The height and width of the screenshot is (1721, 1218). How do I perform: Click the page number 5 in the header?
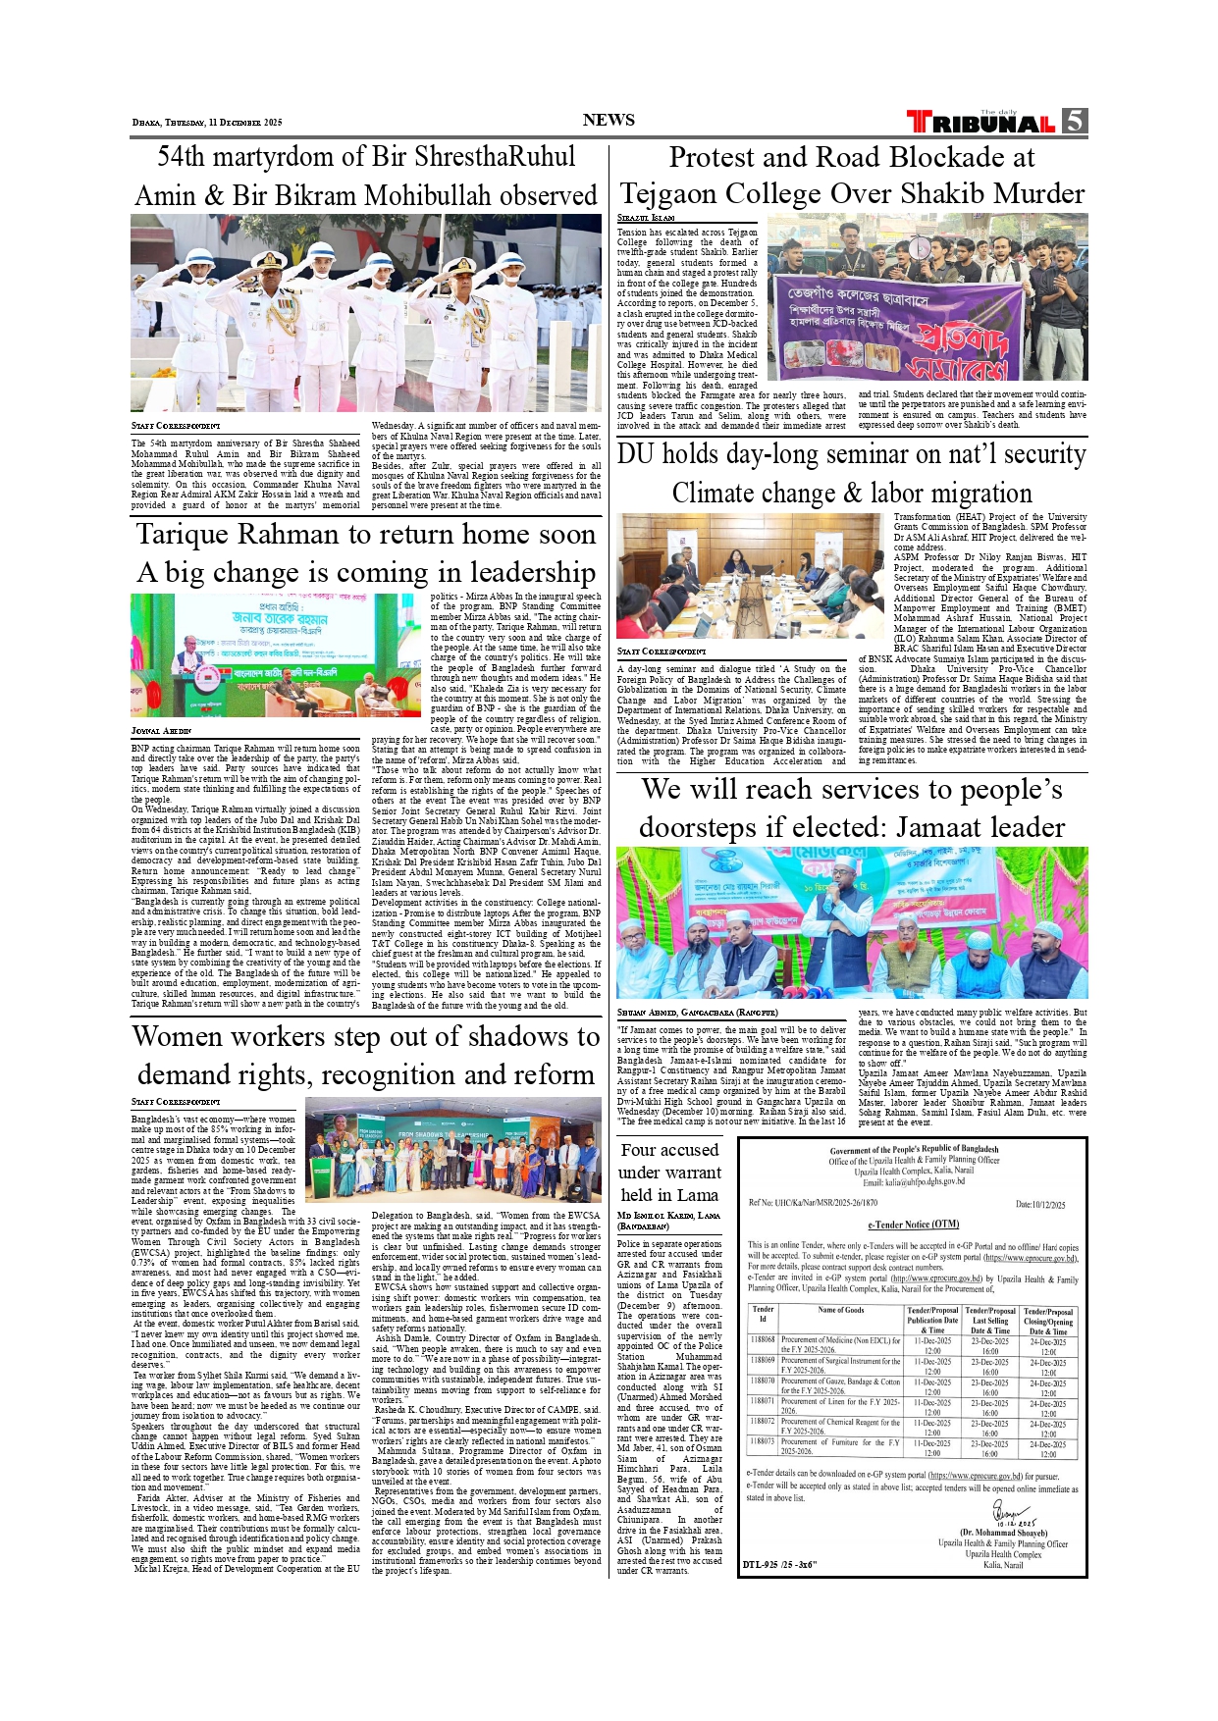coord(1075,121)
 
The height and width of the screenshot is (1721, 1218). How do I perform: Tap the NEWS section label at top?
coord(609,120)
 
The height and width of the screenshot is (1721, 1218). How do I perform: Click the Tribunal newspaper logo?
coord(981,123)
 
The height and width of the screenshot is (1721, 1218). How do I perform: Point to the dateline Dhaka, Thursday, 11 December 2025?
coord(207,123)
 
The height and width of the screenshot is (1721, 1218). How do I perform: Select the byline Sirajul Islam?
coord(646,217)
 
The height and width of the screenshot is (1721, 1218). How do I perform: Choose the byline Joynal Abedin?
coord(161,731)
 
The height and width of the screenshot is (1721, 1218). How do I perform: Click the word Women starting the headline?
coord(184,1037)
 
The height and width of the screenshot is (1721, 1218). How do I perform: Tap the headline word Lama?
coord(698,1195)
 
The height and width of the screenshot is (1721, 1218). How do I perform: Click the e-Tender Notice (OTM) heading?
coord(913,1225)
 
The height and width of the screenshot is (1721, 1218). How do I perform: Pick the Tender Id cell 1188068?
coord(763,1340)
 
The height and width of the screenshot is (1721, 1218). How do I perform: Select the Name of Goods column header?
coord(841,1311)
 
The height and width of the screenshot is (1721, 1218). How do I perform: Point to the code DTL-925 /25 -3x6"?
coord(779,1564)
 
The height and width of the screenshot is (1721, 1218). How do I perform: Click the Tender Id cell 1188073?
coord(763,1442)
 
